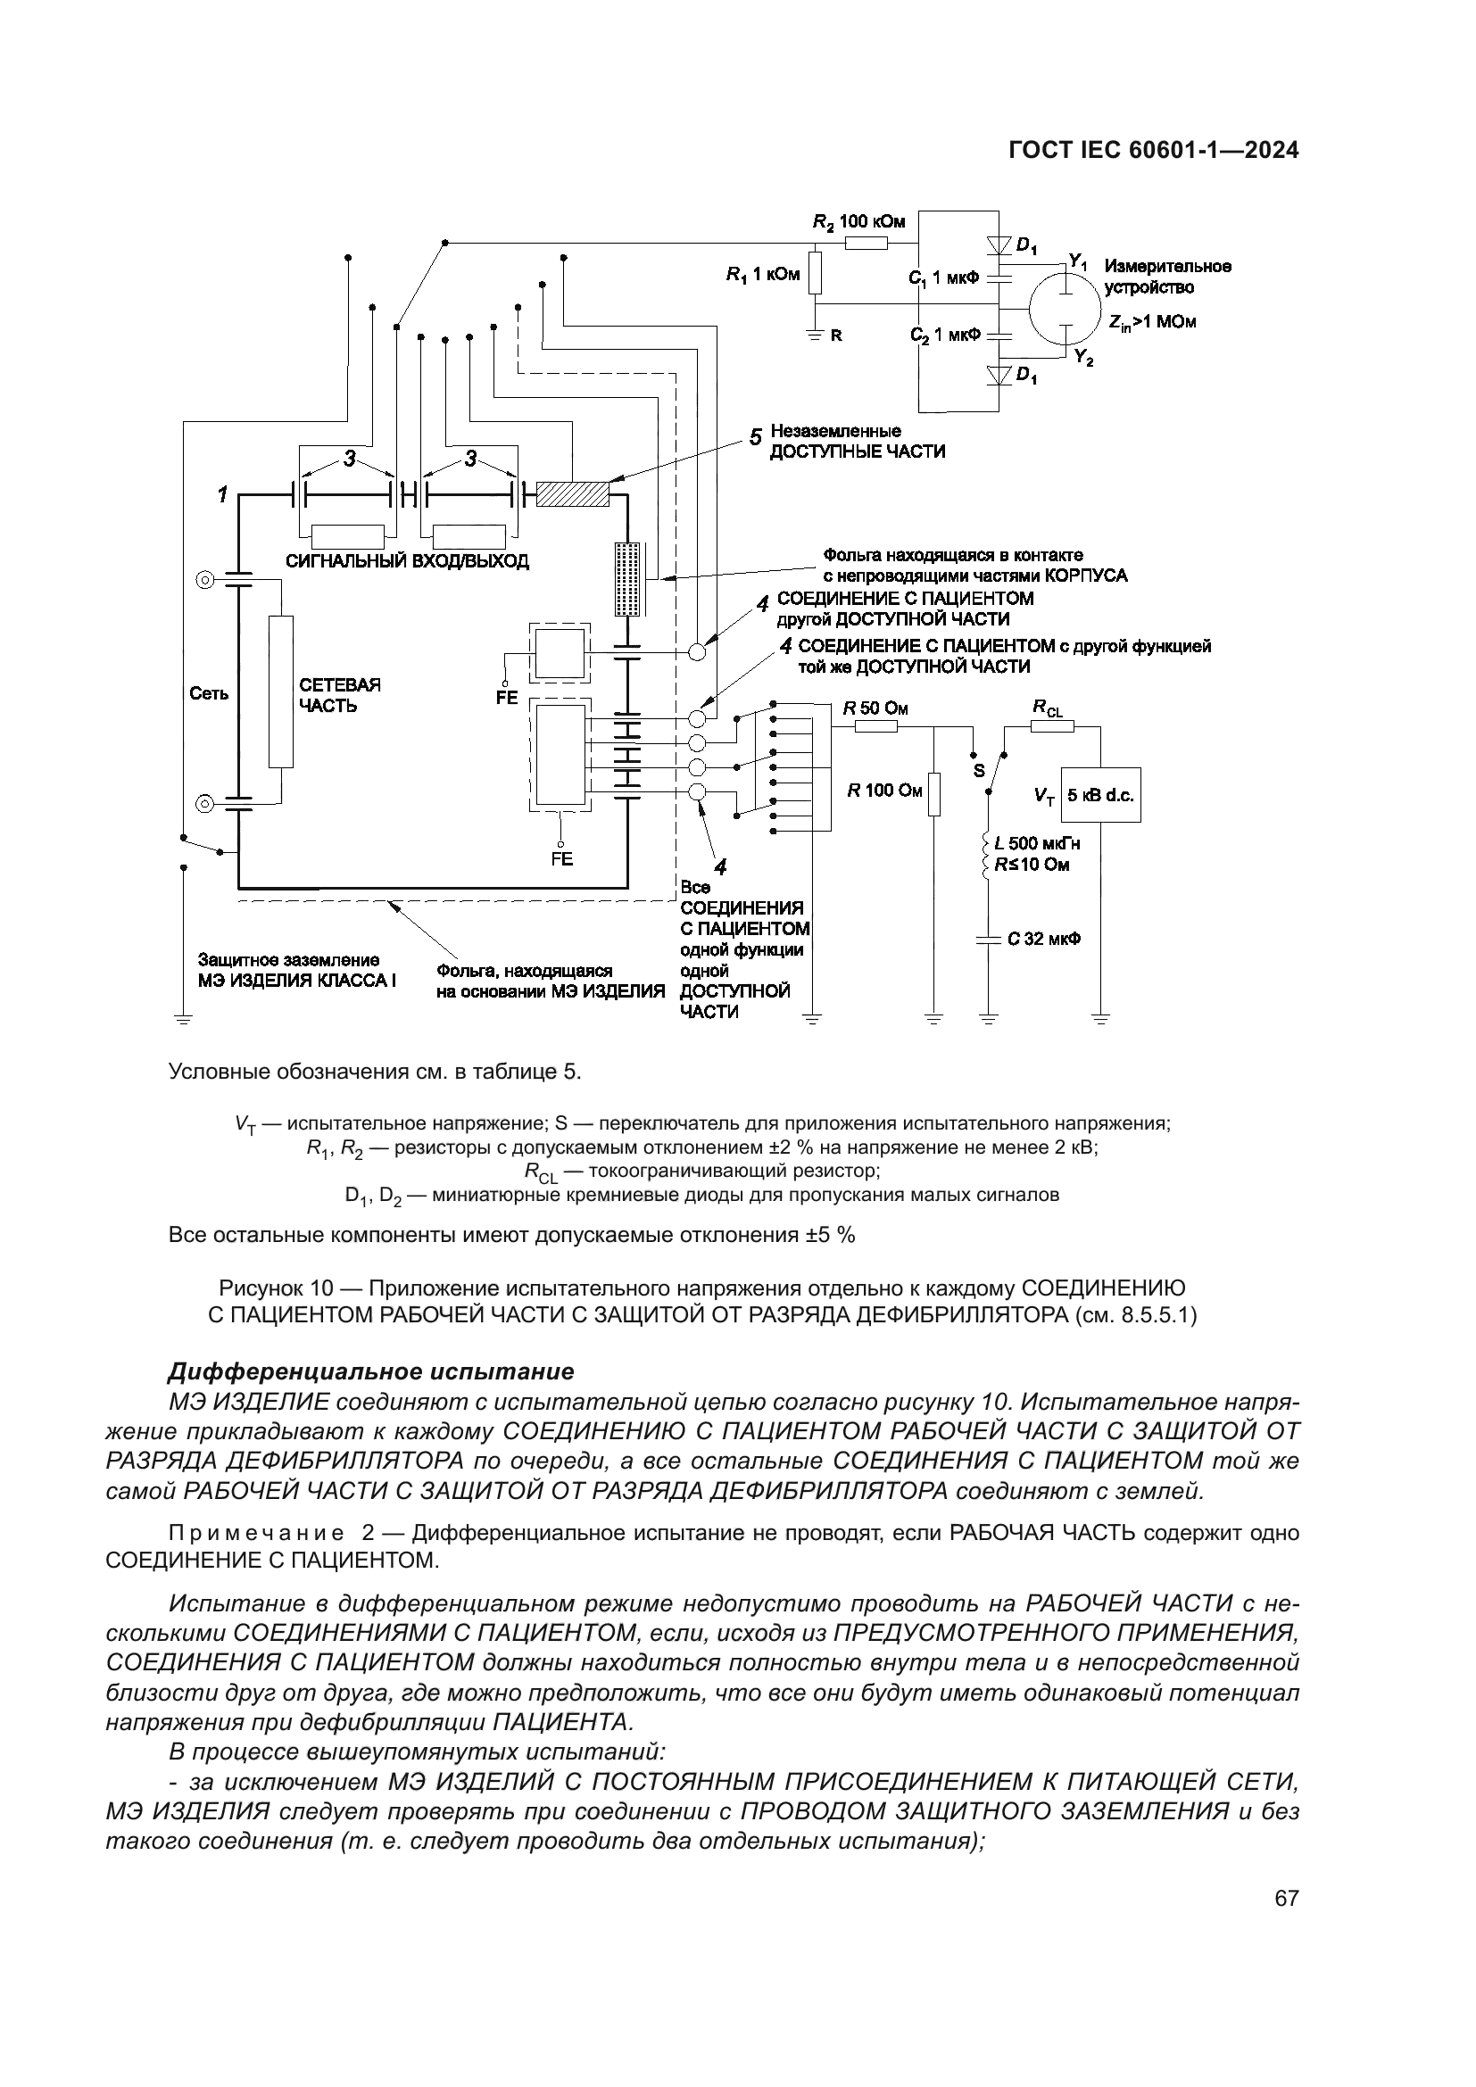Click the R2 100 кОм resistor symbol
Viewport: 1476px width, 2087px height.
[x=866, y=243]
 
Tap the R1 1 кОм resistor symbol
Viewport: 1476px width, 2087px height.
[x=816, y=274]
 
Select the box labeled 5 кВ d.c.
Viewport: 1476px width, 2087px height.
[x=1100, y=795]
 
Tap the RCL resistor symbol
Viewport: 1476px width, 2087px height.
[x=1051, y=725]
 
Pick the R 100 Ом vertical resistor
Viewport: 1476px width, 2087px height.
[x=933, y=794]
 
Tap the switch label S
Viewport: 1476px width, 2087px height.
[x=979, y=771]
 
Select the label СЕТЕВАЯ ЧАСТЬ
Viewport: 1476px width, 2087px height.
[x=339, y=695]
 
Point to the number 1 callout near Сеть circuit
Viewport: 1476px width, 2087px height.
[x=220, y=494]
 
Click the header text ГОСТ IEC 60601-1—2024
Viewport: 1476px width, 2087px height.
[x=1153, y=151]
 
